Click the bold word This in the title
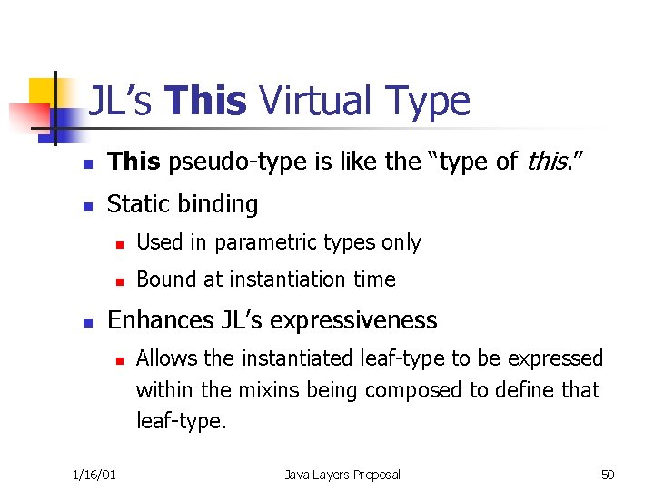206,102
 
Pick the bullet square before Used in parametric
118,244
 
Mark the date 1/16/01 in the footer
94,475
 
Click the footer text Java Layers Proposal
342,475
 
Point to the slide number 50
608,475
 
